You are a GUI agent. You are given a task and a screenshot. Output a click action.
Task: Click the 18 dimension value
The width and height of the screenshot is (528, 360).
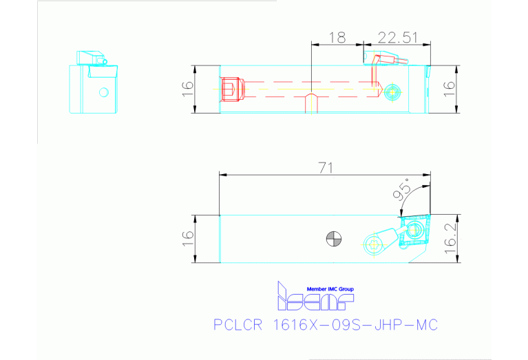tap(337, 38)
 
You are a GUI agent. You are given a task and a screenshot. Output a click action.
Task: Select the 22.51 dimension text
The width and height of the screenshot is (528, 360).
tap(398, 38)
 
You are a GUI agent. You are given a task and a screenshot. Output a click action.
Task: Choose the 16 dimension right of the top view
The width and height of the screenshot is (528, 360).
tap(448, 89)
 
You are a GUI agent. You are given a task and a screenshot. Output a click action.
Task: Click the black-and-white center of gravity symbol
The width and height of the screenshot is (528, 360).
tap(333, 239)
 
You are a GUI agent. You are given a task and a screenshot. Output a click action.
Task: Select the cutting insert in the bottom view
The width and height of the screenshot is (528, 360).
tap(414, 230)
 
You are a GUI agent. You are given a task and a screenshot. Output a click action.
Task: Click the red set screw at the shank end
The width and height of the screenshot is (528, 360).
tap(231, 89)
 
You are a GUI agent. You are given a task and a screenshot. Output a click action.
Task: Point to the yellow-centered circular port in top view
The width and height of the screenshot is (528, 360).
tap(392, 90)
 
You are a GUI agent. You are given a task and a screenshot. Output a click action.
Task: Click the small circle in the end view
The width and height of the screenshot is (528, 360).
tap(104, 92)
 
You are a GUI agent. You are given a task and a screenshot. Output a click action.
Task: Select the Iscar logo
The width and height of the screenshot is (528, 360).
tap(313, 299)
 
